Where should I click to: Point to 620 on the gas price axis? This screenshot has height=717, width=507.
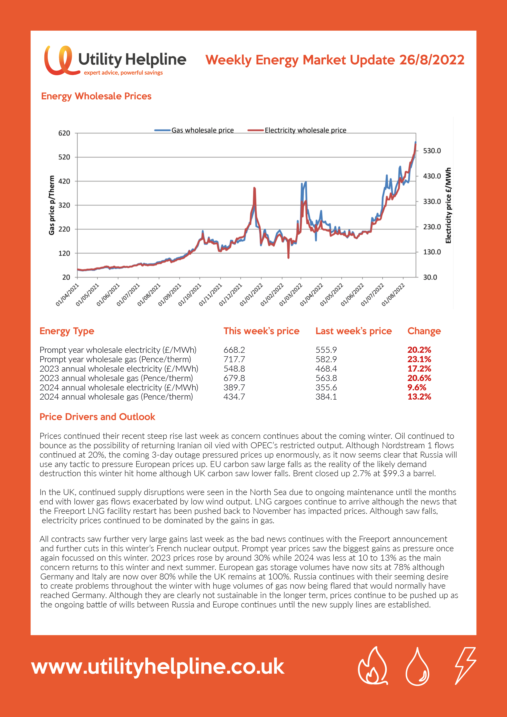(x=64, y=133)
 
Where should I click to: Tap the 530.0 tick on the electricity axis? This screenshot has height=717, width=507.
(x=432, y=151)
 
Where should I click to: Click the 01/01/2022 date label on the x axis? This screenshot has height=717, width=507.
(x=251, y=295)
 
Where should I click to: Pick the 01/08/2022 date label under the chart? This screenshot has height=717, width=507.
(x=393, y=295)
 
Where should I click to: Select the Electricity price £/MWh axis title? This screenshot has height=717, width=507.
(x=448, y=205)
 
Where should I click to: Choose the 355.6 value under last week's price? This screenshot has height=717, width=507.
(x=326, y=388)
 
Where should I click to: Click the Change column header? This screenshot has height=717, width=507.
(x=424, y=331)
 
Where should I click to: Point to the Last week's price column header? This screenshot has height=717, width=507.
(x=353, y=331)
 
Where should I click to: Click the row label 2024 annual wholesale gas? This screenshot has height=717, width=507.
(x=116, y=397)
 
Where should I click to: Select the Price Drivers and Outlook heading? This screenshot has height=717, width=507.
(x=97, y=417)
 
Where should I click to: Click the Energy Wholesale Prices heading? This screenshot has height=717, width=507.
(x=96, y=96)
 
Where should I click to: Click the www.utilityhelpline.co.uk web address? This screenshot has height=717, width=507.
(x=158, y=667)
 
